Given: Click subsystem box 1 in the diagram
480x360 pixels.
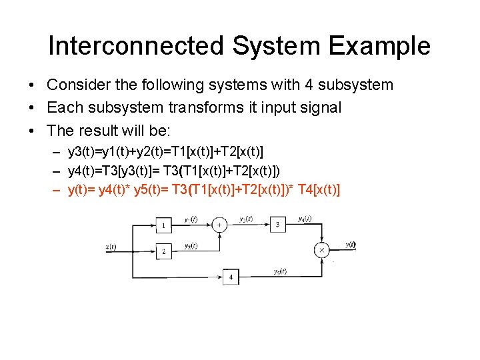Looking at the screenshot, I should pyautogui.click(x=163, y=226).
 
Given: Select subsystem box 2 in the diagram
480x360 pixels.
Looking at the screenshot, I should pyautogui.click(x=163, y=251).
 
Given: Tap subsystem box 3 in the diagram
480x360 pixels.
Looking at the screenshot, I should pyautogui.click(x=278, y=225).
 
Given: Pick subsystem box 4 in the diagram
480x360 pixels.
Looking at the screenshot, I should pyautogui.click(x=231, y=276).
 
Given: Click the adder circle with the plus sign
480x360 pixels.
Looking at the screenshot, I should pyautogui.click(x=219, y=225).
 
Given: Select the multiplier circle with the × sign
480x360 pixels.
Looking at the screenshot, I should pyautogui.click(x=323, y=250).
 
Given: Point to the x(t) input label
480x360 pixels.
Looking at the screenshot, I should pyautogui.click(x=111, y=247).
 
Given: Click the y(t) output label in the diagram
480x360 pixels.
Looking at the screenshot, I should pyautogui.click(x=350, y=245).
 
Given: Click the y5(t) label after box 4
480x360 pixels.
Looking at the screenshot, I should pyautogui.click(x=280, y=271).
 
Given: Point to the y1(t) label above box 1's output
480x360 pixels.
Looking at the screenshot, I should pyautogui.click(x=190, y=219).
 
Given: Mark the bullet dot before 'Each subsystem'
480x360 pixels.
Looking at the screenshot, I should pyautogui.click(x=32, y=107).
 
